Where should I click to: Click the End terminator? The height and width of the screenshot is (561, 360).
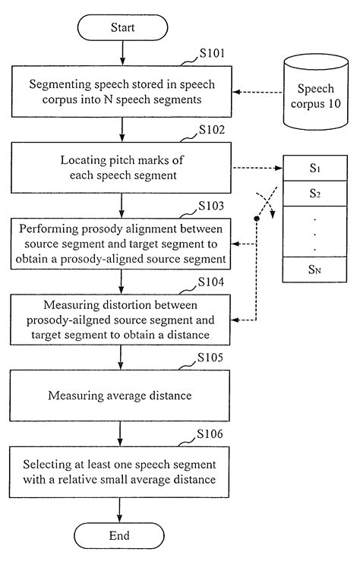tap(120, 535)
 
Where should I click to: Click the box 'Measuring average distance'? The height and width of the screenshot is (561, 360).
tap(120, 396)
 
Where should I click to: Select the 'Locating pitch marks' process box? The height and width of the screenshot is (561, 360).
tap(120, 167)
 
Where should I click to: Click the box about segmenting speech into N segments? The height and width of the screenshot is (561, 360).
tap(120, 92)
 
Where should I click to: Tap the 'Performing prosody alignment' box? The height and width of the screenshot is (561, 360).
tap(120, 243)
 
